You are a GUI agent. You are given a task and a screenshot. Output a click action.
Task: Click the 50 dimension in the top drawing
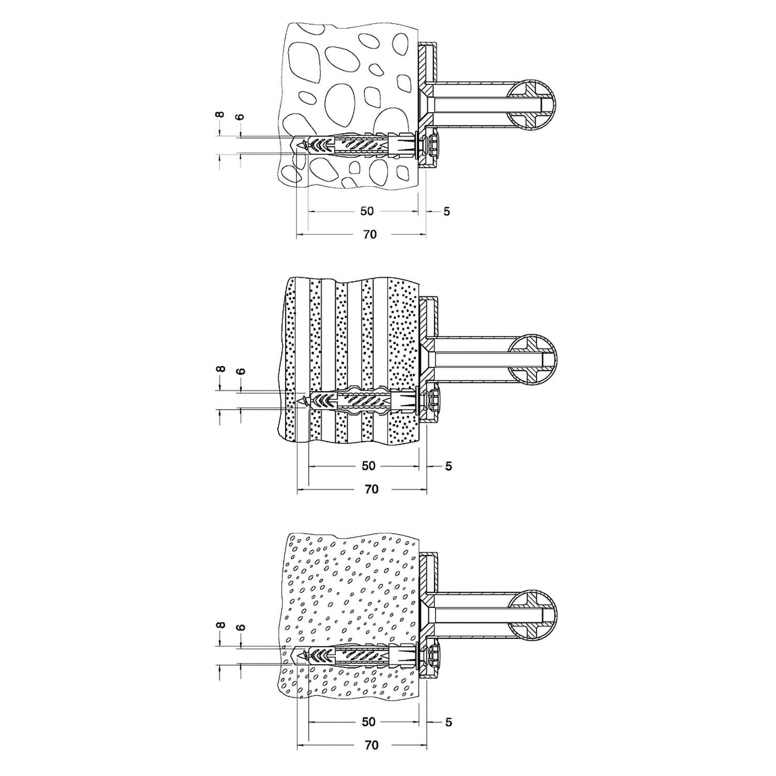coord(367,211)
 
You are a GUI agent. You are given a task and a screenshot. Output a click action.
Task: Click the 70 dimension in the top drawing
coord(370,234)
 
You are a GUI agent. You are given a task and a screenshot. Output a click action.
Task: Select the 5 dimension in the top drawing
coord(447,211)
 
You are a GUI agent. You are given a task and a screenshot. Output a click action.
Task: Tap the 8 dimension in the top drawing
coord(220,114)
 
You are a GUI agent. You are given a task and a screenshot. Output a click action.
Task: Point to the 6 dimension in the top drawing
coord(240,116)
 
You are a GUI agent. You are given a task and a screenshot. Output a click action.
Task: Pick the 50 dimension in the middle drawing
coord(368,466)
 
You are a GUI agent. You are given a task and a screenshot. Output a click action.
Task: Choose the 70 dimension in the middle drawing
coord(371,489)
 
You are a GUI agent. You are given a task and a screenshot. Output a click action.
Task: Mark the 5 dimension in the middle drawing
coord(448,466)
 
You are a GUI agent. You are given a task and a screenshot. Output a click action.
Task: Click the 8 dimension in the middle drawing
coord(220,369)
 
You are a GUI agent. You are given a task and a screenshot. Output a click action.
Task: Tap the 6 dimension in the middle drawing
coord(241,371)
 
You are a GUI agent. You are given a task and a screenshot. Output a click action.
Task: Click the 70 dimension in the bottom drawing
coord(371,745)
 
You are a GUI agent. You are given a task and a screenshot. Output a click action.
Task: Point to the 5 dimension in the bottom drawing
coord(448,722)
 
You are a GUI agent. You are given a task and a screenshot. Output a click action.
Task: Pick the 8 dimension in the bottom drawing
coord(220,625)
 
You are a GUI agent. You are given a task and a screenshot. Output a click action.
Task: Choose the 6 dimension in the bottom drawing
coord(241,627)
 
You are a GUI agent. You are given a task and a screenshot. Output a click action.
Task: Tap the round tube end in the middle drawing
coord(532,360)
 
